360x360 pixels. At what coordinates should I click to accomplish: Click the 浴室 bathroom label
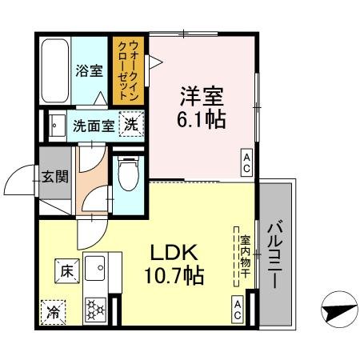coord(90,70)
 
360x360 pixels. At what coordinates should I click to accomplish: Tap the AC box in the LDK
coord(238,307)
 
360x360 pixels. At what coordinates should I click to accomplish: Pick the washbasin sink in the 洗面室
coord(56,126)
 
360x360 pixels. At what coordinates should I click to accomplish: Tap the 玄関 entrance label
coord(54,178)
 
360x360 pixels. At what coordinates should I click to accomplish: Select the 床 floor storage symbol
coord(65,271)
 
